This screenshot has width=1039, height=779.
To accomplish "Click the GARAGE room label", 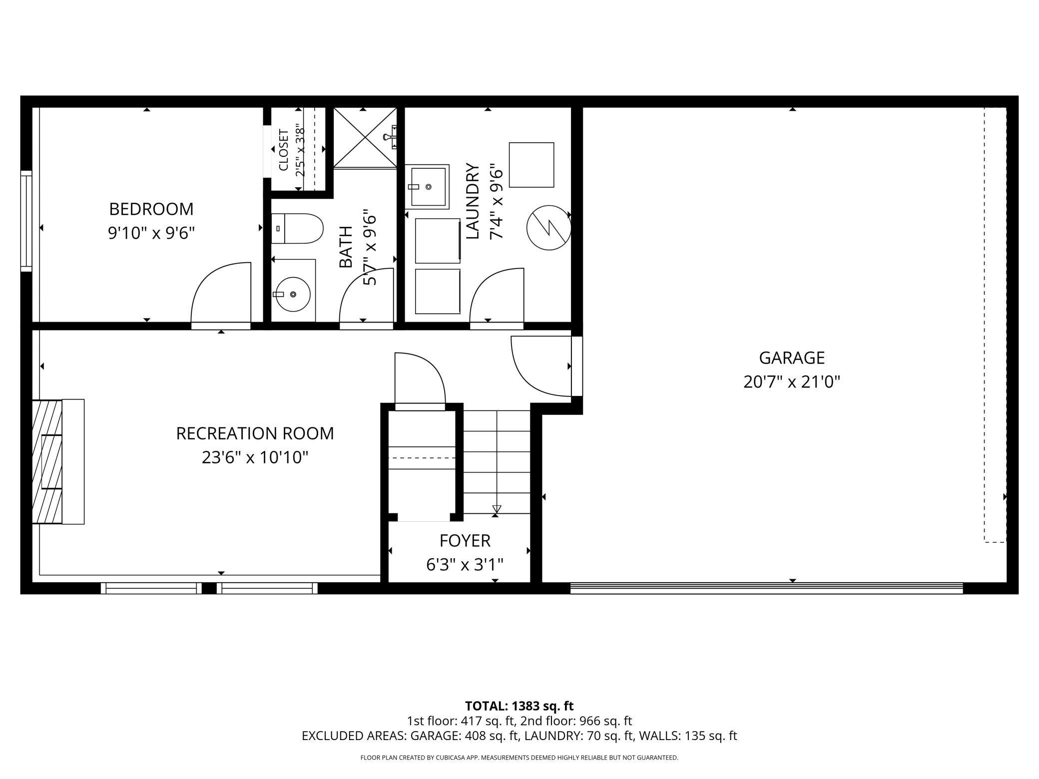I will tap(791, 358).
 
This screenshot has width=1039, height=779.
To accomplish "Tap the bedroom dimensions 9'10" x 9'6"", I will tap(151, 233).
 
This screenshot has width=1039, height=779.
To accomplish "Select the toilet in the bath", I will tap(297, 229).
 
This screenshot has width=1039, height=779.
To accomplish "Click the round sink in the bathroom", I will tap(293, 295).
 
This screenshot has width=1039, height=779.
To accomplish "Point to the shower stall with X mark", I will tap(365, 137).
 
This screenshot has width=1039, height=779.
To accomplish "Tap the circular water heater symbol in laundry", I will tap(548, 228).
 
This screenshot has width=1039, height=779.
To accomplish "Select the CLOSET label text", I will tap(283, 150).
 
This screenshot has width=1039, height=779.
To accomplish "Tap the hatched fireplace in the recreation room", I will tap(47, 461).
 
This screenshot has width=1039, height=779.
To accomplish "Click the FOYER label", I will tap(465, 540).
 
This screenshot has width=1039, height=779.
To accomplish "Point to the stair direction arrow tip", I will tap(496, 509).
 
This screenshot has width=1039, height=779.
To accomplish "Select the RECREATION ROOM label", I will tap(255, 433).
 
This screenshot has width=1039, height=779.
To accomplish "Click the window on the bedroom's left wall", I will tap(26, 221).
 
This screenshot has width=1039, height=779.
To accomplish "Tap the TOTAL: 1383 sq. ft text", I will tap(519, 706).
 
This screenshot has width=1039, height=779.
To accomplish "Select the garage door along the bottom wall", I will tap(766, 588).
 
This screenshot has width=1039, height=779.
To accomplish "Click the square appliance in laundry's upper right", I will tap(531, 165).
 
